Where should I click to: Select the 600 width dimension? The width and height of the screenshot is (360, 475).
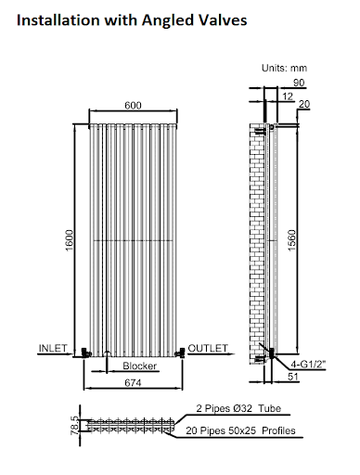point(132,105)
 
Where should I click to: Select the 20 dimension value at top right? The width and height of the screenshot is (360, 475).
point(303,103)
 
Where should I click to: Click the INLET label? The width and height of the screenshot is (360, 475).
point(54,348)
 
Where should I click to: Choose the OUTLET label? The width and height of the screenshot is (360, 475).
point(207,348)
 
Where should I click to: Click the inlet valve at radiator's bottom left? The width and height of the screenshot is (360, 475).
point(84,353)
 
